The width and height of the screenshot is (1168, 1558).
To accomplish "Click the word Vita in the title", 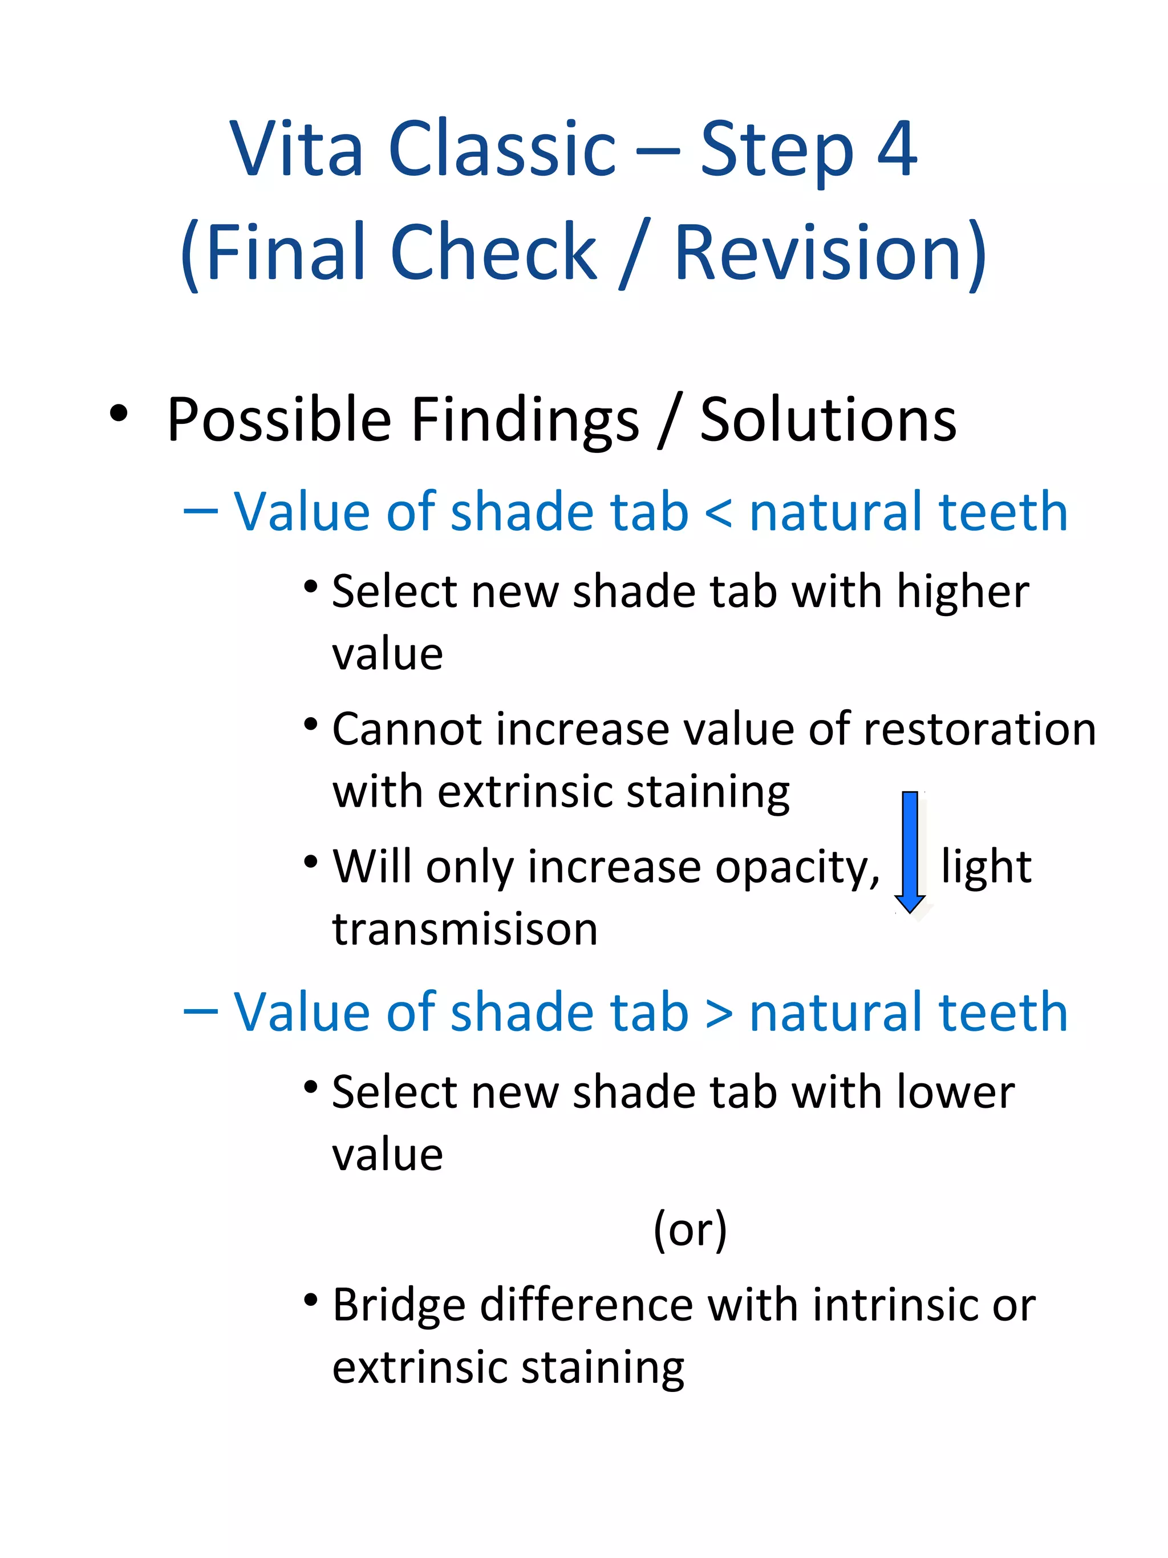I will click(x=297, y=149).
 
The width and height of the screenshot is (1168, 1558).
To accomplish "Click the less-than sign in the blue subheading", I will click(x=719, y=512).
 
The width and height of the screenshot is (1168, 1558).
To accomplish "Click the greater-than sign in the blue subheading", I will click(x=719, y=1013).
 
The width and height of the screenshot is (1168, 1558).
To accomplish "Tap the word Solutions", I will click(x=828, y=420).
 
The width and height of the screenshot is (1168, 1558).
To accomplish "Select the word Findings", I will click(x=525, y=421).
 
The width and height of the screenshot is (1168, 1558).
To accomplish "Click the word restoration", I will click(x=979, y=729).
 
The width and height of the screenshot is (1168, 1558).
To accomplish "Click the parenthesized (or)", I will click(x=690, y=1229).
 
